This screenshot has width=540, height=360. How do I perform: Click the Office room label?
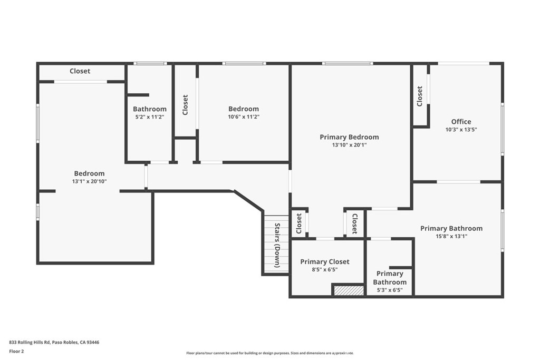tap(461, 121)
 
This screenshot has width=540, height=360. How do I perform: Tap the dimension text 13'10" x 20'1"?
tap(349, 145)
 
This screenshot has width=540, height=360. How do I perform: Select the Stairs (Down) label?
tap(277, 245)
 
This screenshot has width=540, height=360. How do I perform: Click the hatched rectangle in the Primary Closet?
tap(348, 290)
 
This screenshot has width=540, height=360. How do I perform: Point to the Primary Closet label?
tap(325, 261)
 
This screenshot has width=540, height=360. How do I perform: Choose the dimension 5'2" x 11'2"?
tap(149, 116)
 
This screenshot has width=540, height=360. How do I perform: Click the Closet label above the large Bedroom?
tap(80, 71)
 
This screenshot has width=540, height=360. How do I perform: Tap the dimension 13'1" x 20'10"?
tap(89, 181)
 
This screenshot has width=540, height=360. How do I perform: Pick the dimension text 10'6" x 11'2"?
tap(244, 116)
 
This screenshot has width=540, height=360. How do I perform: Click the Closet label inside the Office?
tap(419, 96)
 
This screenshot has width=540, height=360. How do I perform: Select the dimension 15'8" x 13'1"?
tap(451, 236)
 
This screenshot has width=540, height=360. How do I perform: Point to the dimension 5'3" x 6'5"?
tap(390, 290)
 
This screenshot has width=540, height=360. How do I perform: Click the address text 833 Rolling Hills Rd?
tap(30, 342)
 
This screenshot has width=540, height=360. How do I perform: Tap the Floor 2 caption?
tap(16, 352)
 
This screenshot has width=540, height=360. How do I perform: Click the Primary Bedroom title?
tap(349, 137)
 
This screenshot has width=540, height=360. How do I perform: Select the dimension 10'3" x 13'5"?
tap(461, 130)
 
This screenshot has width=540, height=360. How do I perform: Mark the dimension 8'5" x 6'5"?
tap(325, 269)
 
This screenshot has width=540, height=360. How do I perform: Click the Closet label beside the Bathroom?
tap(185, 105)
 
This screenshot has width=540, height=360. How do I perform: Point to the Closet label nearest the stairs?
tap(299, 223)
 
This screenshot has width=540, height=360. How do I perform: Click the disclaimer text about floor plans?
tap(270, 353)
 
